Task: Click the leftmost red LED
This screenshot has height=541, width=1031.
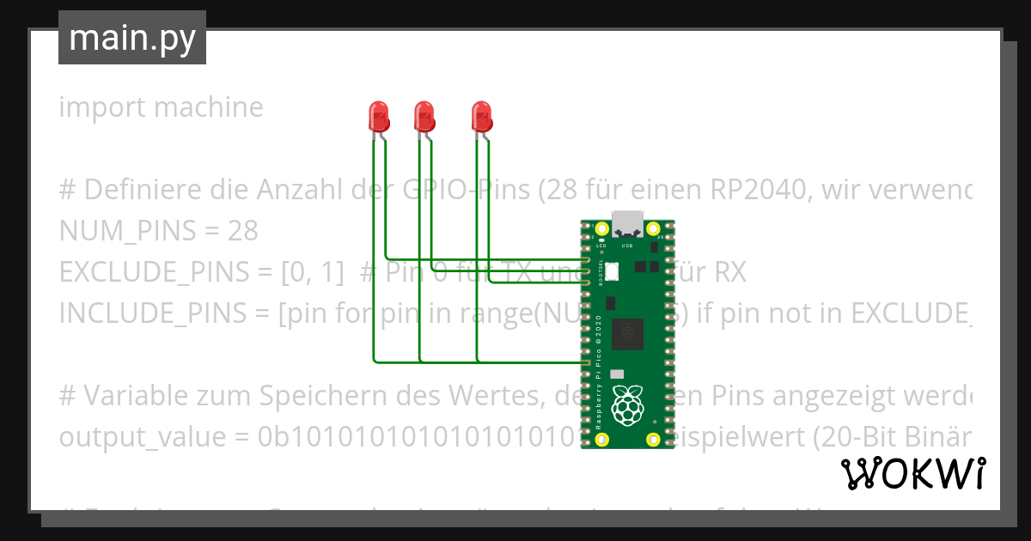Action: pos(378,115)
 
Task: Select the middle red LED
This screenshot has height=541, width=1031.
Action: pos(424,115)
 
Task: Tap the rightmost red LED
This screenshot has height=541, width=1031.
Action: pos(482,115)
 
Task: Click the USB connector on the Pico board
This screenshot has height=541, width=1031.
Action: pos(627,225)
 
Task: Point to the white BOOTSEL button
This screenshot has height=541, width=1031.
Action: pos(612,272)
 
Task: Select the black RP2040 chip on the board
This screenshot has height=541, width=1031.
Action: pos(626,334)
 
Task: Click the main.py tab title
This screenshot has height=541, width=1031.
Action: pos(131,38)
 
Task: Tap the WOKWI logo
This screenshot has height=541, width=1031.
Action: pos(912,473)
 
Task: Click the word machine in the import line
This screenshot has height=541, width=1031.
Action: pos(210,108)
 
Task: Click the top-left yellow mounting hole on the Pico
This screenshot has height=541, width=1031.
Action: pos(601,229)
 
